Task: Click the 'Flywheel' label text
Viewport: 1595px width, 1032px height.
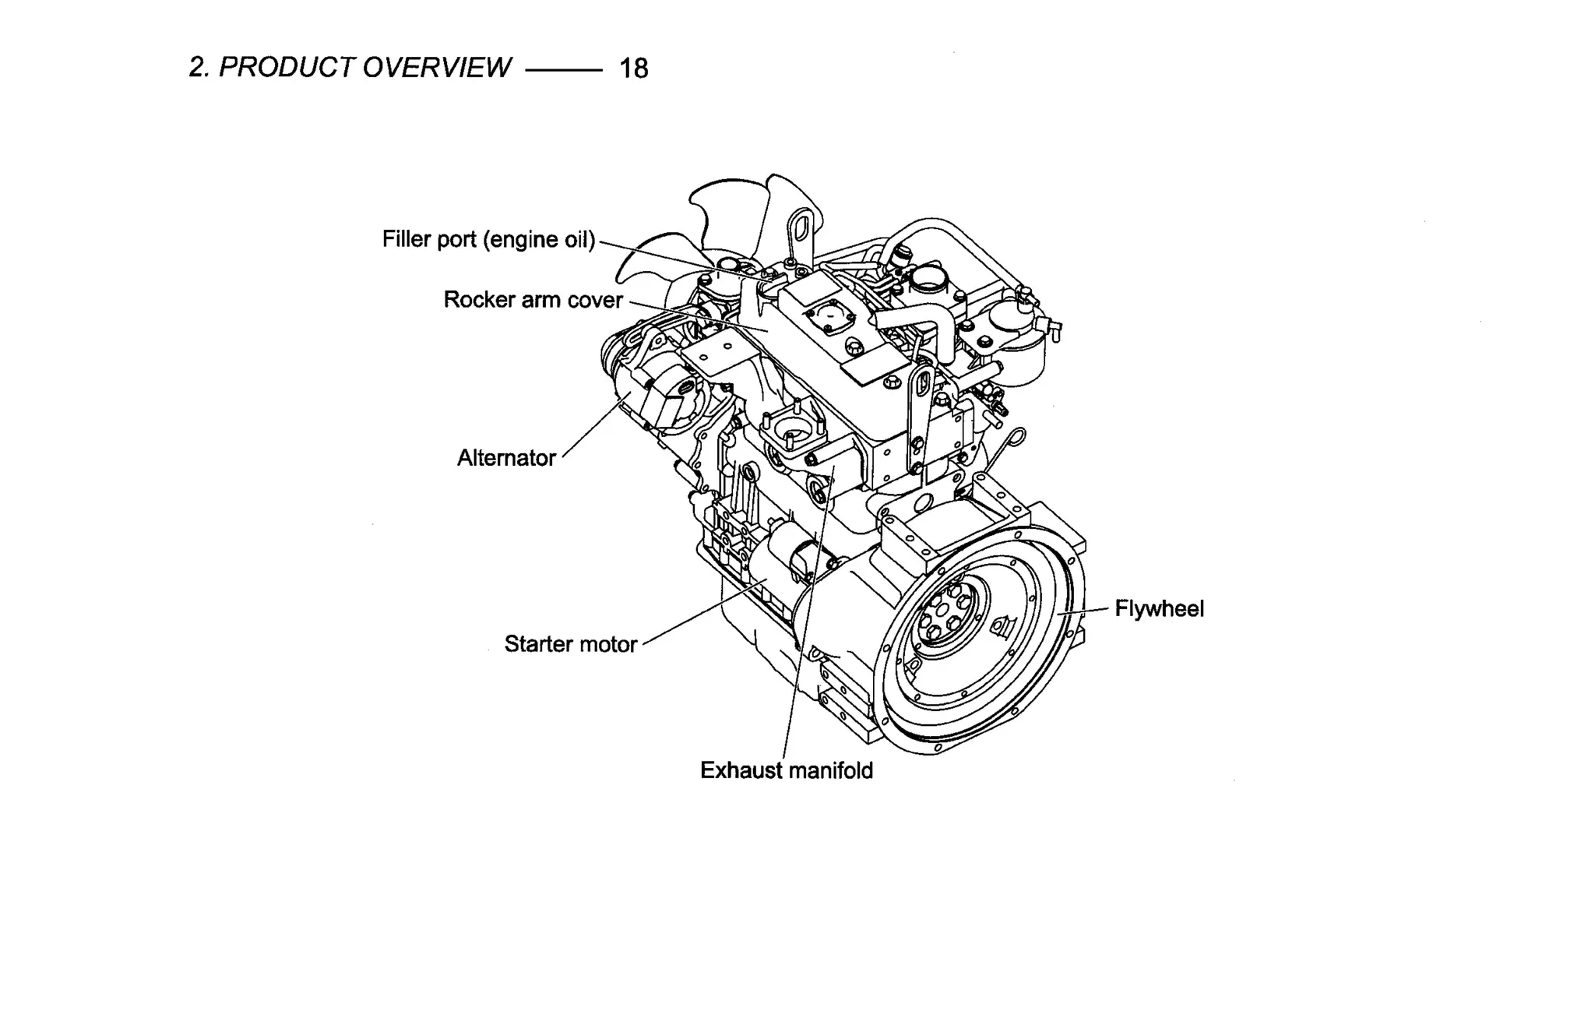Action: point(1159,608)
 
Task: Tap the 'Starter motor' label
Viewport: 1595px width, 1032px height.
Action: point(570,644)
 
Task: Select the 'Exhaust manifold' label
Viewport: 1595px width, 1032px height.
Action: point(786,770)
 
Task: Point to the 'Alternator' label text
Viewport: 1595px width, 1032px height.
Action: point(505,458)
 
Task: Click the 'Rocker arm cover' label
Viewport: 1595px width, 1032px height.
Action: point(533,300)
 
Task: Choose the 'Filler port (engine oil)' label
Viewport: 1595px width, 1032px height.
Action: point(488,239)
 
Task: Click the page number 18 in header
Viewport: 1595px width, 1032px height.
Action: point(633,69)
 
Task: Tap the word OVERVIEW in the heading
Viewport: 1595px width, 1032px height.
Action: point(437,68)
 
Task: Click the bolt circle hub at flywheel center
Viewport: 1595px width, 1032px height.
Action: point(945,615)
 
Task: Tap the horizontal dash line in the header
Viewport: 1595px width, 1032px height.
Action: point(564,70)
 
